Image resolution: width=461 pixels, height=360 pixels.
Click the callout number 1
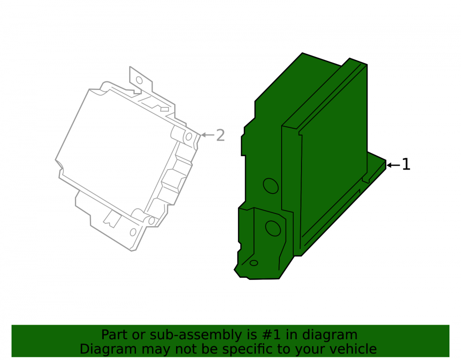coord(406,164)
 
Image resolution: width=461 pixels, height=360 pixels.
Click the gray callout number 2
coord(220,136)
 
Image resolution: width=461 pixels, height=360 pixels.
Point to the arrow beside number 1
coord(393,165)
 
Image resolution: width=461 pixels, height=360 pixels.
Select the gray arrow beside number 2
coord(207,135)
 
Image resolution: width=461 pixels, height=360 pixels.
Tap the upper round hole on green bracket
coord(271,186)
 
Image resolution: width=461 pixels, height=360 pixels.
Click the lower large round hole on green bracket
coord(273,228)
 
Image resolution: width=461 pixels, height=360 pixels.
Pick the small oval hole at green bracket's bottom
coord(254,263)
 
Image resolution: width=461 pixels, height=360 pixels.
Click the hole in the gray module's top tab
coord(139,80)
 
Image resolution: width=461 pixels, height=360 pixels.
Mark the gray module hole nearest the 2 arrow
coord(189,136)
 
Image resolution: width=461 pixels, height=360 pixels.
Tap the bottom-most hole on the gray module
coord(133,232)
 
